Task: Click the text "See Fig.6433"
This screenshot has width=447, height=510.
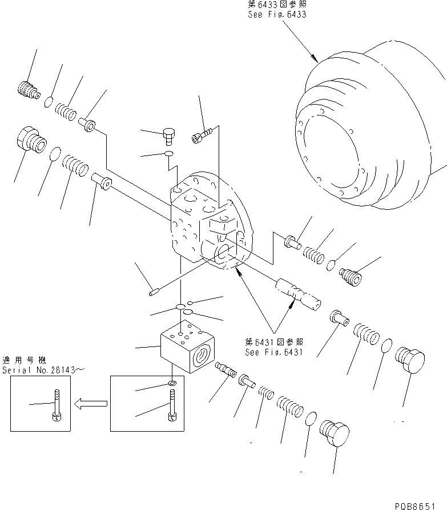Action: click(277, 14)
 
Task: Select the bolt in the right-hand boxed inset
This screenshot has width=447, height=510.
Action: click(172, 405)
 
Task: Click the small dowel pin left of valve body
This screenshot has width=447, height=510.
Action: click(153, 293)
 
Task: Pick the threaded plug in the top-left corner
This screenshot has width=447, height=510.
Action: click(27, 89)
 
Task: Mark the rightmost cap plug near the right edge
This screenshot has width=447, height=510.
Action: click(411, 360)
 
